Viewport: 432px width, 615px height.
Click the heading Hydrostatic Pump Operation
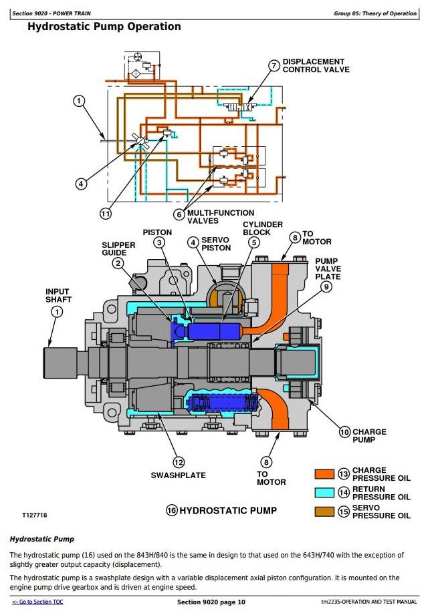[104, 27]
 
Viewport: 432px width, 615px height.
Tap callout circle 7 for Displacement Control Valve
[274, 65]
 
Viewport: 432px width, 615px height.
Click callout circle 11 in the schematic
[106, 214]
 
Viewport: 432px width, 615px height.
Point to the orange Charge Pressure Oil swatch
[324, 474]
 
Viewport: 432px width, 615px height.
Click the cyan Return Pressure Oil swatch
[324, 493]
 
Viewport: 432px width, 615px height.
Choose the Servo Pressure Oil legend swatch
[324, 511]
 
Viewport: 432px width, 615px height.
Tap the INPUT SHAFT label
[58, 295]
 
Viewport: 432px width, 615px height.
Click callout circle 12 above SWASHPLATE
[179, 462]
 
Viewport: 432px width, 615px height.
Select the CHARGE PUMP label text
[369, 435]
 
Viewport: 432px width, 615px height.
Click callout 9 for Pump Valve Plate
[326, 286]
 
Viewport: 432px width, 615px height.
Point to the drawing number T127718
[35, 515]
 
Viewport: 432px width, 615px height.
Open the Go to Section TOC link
[37, 602]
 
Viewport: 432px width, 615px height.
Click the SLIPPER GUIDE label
[118, 249]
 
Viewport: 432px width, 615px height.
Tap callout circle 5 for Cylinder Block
[254, 242]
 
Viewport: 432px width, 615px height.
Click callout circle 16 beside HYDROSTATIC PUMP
[171, 511]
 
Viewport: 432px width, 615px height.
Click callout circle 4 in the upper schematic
[81, 183]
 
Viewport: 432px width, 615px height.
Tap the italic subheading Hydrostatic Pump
[41, 539]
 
